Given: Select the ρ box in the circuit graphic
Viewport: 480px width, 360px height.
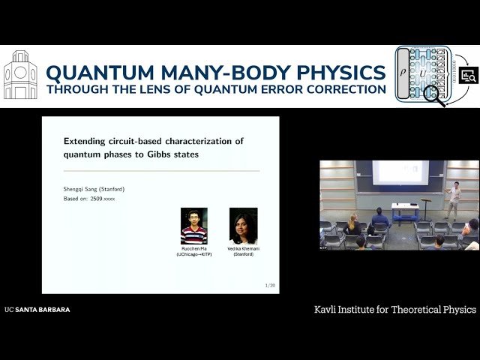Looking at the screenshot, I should click(403, 73).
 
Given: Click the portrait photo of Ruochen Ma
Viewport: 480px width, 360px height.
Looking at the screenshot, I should click(193, 226).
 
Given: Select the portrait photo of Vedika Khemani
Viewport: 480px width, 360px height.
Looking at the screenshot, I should click(243, 226).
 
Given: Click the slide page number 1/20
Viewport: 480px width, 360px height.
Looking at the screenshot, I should click(270, 286).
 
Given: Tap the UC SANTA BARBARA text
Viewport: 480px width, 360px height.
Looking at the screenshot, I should click(37, 309).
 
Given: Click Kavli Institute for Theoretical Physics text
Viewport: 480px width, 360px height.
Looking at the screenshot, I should click(395, 309).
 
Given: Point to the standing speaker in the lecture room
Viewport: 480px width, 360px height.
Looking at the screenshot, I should click(454, 198).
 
